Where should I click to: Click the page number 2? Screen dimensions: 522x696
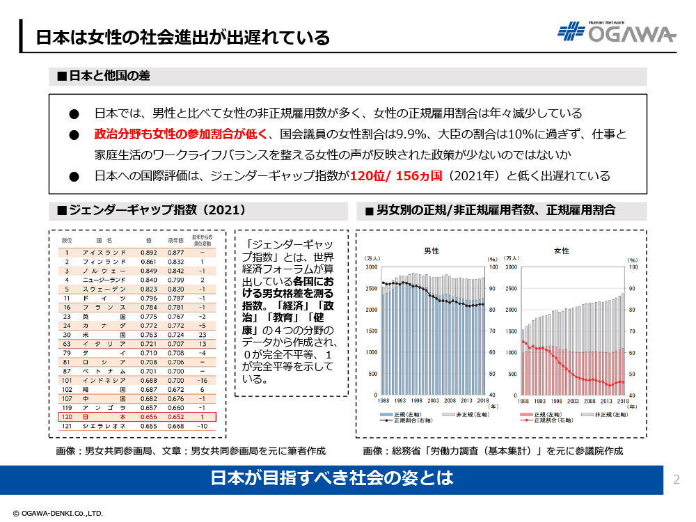point(676,480)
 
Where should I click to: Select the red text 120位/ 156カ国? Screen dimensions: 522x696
point(396,175)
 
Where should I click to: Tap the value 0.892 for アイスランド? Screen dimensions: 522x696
point(148,253)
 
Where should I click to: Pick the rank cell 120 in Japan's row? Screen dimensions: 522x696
point(67,417)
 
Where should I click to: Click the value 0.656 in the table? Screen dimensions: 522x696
point(148,417)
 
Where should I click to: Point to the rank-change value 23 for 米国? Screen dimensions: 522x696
point(201,335)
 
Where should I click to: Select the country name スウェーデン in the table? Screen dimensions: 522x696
point(104,289)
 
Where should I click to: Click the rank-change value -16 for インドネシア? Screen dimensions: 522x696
point(202,381)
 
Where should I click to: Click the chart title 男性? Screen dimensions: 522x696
point(432,251)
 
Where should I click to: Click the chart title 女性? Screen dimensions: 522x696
point(561,251)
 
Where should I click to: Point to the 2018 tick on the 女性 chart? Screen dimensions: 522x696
point(622,402)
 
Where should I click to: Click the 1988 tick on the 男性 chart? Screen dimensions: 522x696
point(383,402)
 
